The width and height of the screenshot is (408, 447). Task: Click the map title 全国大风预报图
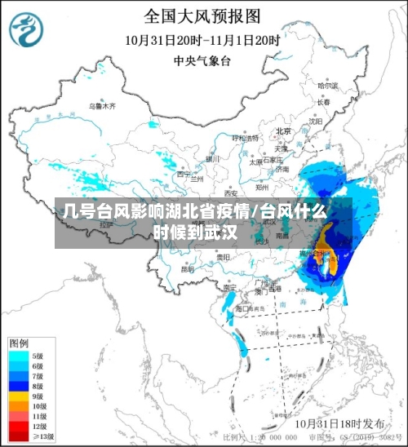[202, 15]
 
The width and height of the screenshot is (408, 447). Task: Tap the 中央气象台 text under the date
[202, 60]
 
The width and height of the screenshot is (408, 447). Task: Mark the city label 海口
[242, 308]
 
